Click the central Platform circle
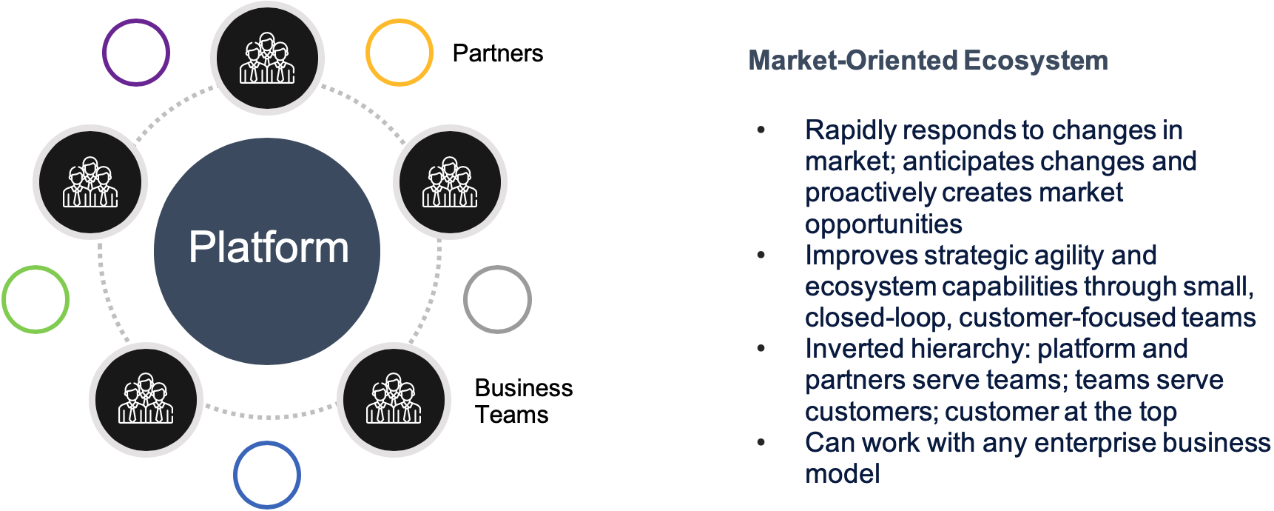click(267, 251)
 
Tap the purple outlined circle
click(136, 53)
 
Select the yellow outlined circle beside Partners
click(400, 53)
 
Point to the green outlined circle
click(36, 299)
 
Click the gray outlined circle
click(497, 299)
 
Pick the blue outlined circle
click(267, 475)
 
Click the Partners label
click(497, 53)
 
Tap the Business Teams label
click(523, 401)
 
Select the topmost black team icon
click(267, 58)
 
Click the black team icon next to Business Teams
click(394, 399)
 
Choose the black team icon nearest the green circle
click(90, 182)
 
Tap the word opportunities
click(883, 224)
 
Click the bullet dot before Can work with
click(761, 443)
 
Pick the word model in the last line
click(843, 474)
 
